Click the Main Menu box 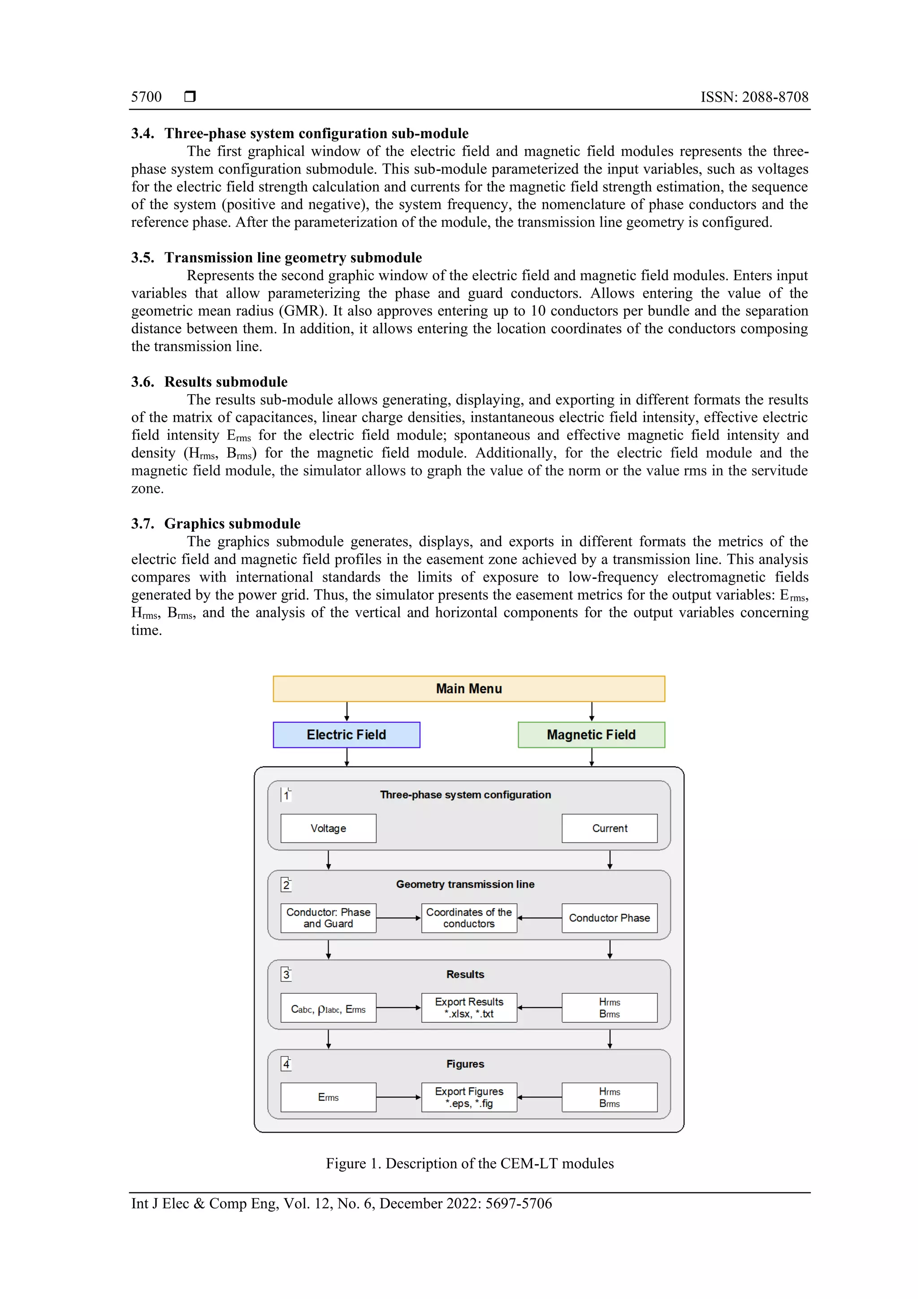click(468, 689)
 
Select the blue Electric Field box click(346, 734)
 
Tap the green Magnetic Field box click(591, 734)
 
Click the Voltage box click(328, 828)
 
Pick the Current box click(609, 828)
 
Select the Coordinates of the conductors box click(469, 918)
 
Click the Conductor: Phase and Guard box click(328, 918)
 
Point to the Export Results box click(469, 1008)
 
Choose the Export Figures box click(469, 1097)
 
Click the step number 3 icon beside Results click(286, 973)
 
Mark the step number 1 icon click(286, 795)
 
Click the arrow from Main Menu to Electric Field click(347, 711)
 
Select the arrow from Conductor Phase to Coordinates click(539, 918)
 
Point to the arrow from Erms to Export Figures click(398, 1097)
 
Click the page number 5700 click(147, 97)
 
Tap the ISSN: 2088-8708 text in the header click(754, 97)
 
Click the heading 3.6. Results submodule click(209, 382)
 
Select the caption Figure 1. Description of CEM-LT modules click(469, 1163)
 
